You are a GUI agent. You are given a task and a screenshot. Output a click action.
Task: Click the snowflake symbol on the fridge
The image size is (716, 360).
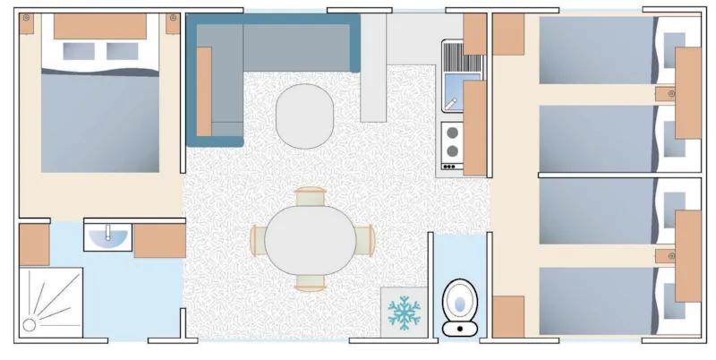click(x=404, y=313)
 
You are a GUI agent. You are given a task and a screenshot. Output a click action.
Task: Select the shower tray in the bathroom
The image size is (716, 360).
click(x=50, y=302)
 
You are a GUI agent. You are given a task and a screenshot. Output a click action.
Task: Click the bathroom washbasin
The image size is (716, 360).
click(x=108, y=235)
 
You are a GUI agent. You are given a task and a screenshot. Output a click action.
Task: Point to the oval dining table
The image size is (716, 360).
click(x=310, y=240)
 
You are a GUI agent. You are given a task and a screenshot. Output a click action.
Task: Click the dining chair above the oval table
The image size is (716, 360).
click(x=310, y=197)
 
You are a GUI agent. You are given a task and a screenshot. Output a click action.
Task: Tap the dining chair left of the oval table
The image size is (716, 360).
click(x=259, y=240)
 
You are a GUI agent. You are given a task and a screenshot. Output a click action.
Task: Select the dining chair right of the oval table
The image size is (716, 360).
click(x=362, y=240)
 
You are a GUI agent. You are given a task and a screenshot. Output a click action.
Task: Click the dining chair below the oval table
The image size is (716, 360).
click(x=310, y=283)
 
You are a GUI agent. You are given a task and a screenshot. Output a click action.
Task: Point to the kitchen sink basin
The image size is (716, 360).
click(x=453, y=93)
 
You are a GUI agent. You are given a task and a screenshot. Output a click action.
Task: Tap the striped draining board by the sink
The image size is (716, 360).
click(x=462, y=59)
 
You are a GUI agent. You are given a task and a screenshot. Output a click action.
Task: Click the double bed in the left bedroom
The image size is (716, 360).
click(x=99, y=116)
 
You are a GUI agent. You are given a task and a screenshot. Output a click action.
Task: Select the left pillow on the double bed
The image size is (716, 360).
click(x=76, y=51)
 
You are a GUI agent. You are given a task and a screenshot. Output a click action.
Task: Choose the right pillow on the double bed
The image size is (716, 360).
click(x=123, y=51)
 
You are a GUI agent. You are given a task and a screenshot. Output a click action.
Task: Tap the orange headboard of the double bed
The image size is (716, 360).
click(x=100, y=27)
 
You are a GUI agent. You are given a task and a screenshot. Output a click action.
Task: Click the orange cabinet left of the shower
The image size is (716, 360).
click(x=34, y=244)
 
